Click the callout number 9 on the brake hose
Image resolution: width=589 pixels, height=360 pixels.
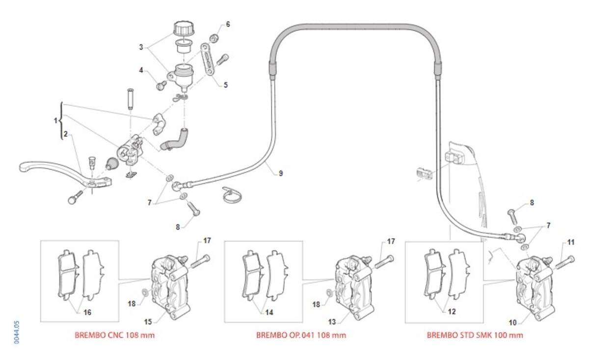[280, 173]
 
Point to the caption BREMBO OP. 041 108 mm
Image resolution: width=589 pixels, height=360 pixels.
[301, 335]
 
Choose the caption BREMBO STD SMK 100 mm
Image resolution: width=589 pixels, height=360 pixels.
[475, 335]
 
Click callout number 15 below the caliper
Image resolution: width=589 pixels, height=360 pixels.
[147, 322]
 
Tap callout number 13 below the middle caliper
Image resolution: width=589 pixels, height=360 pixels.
[332, 322]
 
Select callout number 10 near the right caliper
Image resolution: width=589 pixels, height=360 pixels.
[513, 322]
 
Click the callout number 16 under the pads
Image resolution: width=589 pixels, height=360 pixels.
[87, 312]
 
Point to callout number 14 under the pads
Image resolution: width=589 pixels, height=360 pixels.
[269, 312]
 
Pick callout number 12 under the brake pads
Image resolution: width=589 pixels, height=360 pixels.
[451, 311]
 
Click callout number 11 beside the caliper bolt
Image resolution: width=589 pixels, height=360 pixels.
[570, 242]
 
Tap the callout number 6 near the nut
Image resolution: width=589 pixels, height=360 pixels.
[227, 24]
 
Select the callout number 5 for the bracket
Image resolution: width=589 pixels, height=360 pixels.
[226, 84]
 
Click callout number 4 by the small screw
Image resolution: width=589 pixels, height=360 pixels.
[141, 70]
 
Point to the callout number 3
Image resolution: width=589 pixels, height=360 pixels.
[141, 47]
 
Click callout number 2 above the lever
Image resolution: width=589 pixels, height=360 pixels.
[65, 133]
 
